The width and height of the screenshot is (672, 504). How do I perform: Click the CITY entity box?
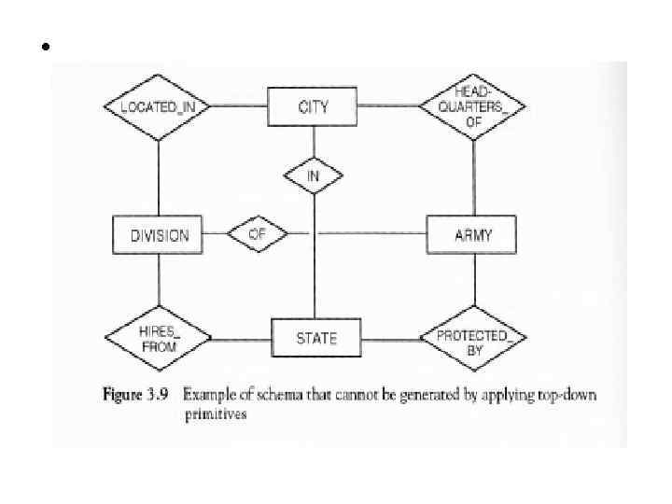click(314, 106)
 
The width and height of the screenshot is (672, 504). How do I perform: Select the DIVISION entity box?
click(158, 235)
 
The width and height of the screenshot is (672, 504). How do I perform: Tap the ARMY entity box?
click(473, 235)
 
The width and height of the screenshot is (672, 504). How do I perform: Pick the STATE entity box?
click(316, 338)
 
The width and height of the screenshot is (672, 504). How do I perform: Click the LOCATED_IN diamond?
click(158, 106)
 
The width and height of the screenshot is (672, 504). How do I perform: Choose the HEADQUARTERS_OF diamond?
click(473, 106)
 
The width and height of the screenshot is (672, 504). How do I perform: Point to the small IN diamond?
click(314, 175)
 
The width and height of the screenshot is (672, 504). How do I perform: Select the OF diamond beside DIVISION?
click(257, 234)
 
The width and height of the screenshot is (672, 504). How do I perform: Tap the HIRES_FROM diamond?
click(158, 338)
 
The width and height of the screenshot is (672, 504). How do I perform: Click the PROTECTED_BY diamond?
click(473, 337)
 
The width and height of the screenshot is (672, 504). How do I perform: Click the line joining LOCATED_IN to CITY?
click(239, 106)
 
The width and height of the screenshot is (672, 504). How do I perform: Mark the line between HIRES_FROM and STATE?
click(241, 338)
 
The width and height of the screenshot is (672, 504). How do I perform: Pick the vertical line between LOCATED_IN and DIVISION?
click(158, 178)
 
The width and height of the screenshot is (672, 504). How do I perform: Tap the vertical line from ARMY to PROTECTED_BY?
click(474, 278)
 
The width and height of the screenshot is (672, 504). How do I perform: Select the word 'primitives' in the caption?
click(216, 415)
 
